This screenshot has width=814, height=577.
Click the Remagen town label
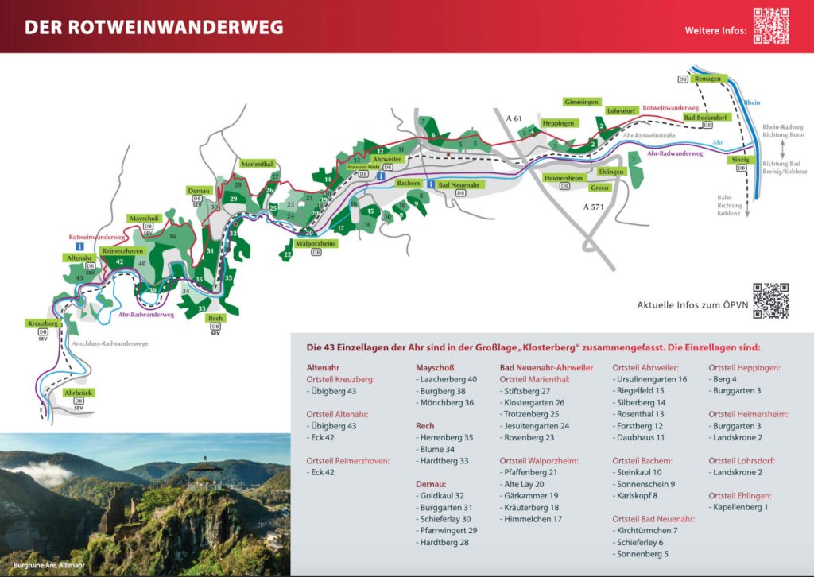(x=707, y=79)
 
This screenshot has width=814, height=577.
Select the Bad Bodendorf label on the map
(x=706, y=118)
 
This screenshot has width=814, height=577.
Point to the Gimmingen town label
(x=581, y=103)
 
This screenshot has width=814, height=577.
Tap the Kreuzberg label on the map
(x=43, y=324)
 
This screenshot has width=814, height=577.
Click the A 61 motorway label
(x=514, y=118)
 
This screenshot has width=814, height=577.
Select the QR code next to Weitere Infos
(x=770, y=25)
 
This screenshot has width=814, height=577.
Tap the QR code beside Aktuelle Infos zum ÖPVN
(x=770, y=300)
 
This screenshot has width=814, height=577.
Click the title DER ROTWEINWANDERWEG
(x=153, y=27)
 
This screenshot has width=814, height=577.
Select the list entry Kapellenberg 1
(x=741, y=506)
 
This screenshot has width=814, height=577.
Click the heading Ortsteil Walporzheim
(x=538, y=460)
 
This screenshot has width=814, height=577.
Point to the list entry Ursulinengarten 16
(x=651, y=379)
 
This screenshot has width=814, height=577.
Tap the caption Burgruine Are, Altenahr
(x=48, y=565)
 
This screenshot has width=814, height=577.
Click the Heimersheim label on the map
(x=564, y=178)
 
